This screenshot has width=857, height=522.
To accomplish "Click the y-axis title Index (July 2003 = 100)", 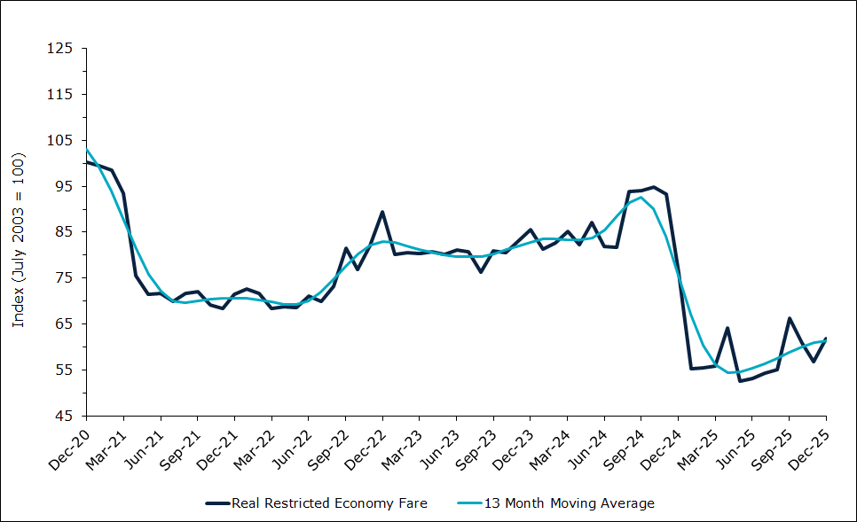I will tap(18, 239).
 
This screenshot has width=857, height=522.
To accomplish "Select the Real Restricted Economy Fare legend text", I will tap(329, 503).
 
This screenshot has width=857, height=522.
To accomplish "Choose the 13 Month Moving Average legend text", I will tap(569, 503).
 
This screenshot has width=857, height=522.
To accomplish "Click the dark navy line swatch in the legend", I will tap(216, 503).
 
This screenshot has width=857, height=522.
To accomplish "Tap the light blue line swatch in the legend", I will tap(469, 503).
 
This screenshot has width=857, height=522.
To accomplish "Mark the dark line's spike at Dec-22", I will tap(381, 212).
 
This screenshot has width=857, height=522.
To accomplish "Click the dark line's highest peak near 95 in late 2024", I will tap(654, 187).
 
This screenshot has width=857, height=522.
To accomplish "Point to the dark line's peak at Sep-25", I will tap(790, 318).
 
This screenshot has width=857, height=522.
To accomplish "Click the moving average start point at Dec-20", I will tap(86, 148).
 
